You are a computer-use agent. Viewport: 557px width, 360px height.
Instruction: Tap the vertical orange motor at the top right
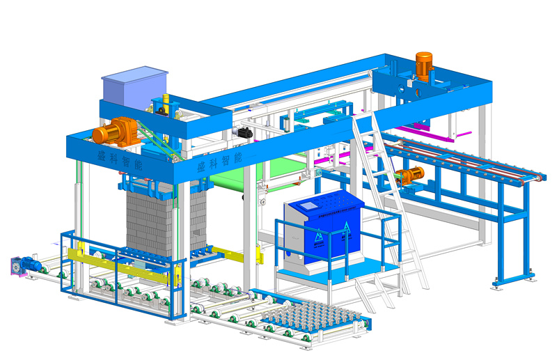click(424, 64)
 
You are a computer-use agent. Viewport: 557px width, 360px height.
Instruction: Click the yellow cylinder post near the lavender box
click(166, 103)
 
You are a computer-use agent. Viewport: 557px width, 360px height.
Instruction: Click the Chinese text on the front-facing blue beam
click(219, 162)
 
